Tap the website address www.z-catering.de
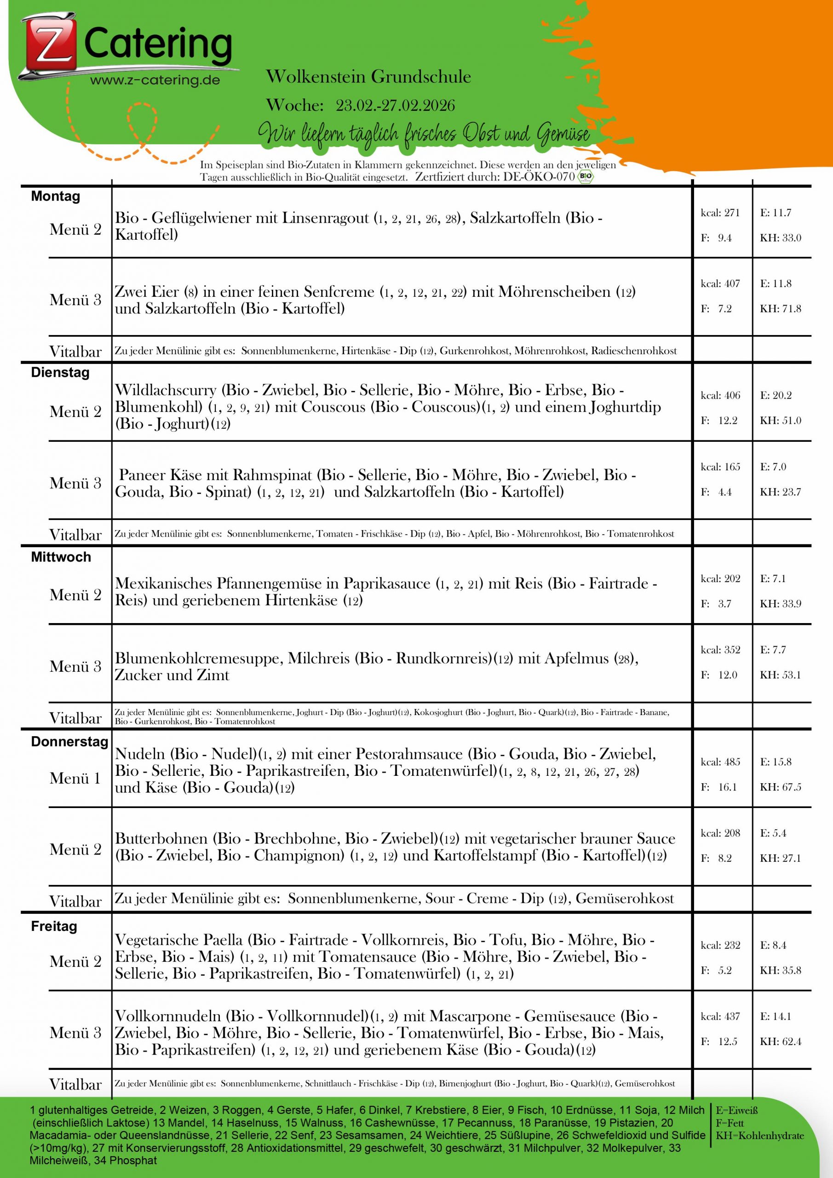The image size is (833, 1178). pos(155,80)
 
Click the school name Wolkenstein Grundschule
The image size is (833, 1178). pos(368,77)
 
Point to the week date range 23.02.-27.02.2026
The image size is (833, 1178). pos(395,105)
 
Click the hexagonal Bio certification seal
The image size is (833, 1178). pos(585,177)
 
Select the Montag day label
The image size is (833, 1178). pos(55,196)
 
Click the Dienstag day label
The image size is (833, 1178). pos(60,372)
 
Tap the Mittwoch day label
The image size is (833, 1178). pos(61,557)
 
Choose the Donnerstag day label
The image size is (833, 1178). pos(69,741)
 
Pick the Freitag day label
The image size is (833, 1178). pos(54,926)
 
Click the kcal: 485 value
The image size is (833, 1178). pos(720,762)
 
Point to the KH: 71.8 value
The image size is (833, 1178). pos(780,308)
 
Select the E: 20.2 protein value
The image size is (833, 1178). pos(776,395)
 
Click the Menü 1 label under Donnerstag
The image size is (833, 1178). pos(75,778)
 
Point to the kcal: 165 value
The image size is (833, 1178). pos(720,467)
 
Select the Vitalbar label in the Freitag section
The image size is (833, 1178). pos(75,1084)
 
